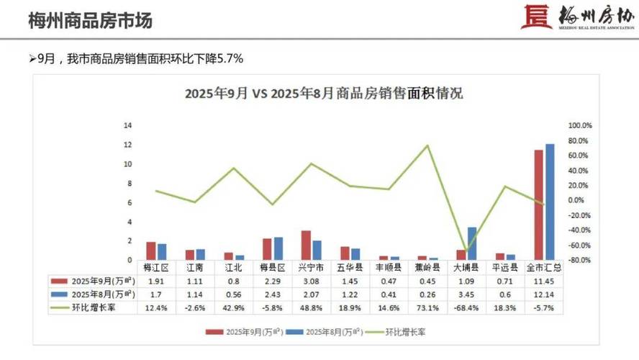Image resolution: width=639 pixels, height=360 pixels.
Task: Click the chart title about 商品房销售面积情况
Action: click(x=324, y=94)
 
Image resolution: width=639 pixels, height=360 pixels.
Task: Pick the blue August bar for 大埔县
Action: click(x=472, y=243)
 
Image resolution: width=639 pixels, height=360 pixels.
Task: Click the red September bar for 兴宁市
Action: click(x=306, y=245)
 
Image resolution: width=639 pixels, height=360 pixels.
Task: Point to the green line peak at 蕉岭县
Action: click(x=427, y=145)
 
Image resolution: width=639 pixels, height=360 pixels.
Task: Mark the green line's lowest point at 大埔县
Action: click(x=467, y=251)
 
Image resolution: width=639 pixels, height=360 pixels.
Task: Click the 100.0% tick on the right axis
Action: click(x=579, y=125)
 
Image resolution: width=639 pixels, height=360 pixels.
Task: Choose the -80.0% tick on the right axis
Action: click(x=579, y=260)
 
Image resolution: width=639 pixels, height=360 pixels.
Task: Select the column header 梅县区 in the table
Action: click(x=273, y=267)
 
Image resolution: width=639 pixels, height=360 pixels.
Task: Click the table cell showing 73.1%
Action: click(x=428, y=307)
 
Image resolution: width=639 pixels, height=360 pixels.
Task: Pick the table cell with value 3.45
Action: click(x=467, y=294)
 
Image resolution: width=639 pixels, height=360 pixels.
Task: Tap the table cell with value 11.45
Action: click(x=544, y=281)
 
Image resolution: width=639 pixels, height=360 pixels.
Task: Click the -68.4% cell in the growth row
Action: click(x=467, y=307)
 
